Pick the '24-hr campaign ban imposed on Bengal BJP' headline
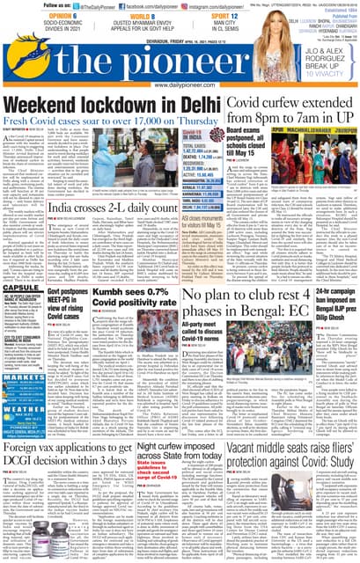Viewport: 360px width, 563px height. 332,301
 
